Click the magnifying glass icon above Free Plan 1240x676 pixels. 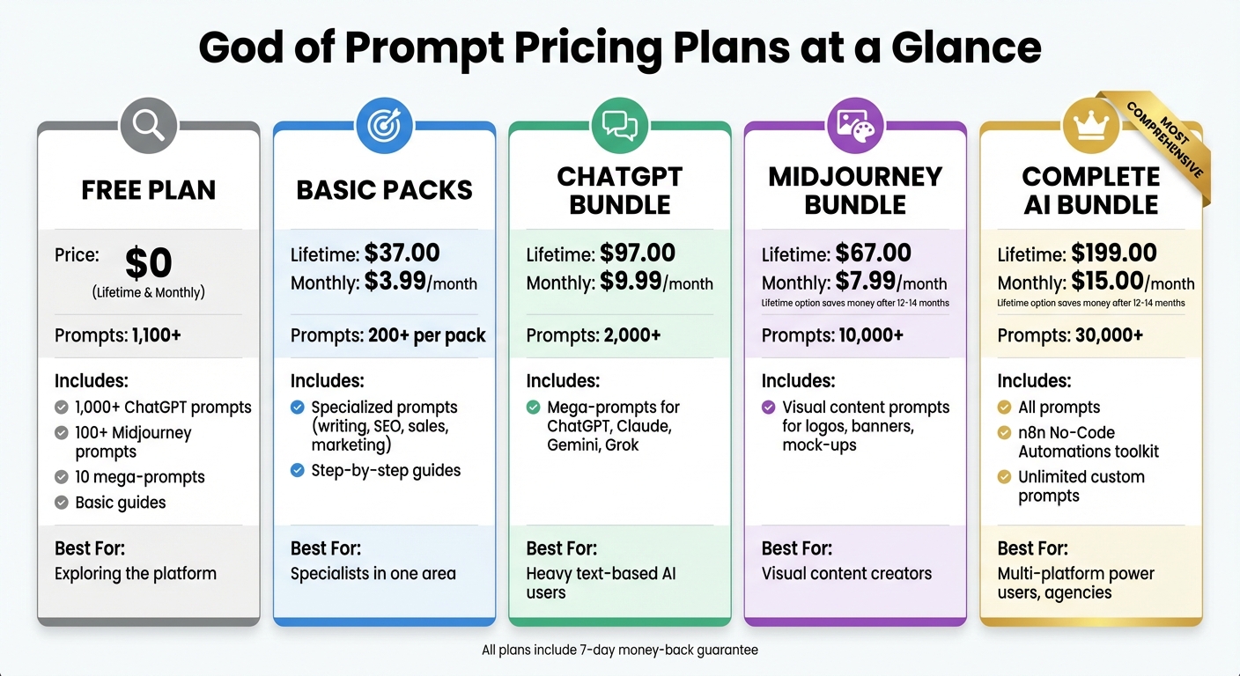pyautogui.click(x=148, y=125)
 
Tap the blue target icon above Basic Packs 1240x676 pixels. pyautogui.click(x=384, y=125)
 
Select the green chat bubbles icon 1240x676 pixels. pyautogui.click(x=619, y=125)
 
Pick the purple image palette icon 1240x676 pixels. pyautogui.click(x=855, y=125)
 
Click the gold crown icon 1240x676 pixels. pyautogui.click(x=1090, y=125)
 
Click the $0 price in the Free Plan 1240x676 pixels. pyautogui.click(x=148, y=262)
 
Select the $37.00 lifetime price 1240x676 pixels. pyautogui.click(x=402, y=253)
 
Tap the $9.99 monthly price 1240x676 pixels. pyautogui.click(x=631, y=283)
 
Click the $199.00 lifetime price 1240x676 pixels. pyautogui.click(x=1114, y=253)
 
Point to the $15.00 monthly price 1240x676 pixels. pyautogui.click(x=1107, y=283)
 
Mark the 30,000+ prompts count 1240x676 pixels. pyautogui.click(x=1109, y=335)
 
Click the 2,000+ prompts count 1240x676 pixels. pyautogui.click(x=631, y=335)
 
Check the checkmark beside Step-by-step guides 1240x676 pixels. pyautogui.click(x=298, y=471)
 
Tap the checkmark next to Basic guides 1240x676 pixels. pyautogui.click(x=62, y=503)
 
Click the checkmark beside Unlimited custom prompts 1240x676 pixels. pyautogui.click(x=1004, y=477)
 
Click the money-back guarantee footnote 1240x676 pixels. pyautogui.click(x=619, y=650)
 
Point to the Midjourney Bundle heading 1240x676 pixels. pyautogui.click(x=855, y=190)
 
